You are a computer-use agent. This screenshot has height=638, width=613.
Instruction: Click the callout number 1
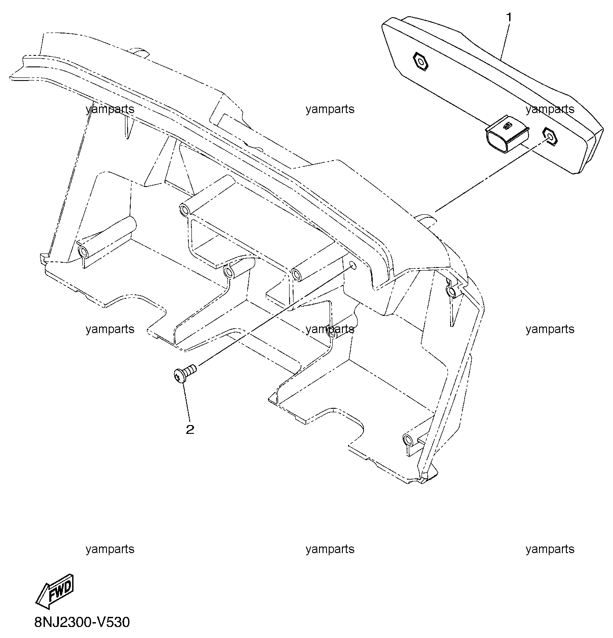(x=509, y=17)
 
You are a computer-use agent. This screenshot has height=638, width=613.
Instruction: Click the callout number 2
(x=190, y=429)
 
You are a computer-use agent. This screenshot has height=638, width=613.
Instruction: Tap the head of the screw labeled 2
(x=178, y=375)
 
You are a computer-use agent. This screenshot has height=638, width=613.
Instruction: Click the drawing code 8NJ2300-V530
(x=82, y=622)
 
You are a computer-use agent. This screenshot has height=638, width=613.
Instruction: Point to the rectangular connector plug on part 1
(x=507, y=137)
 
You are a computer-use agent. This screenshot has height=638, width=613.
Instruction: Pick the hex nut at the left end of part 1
(x=420, y=61)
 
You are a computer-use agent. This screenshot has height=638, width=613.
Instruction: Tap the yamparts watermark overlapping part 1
(x=550, y=109)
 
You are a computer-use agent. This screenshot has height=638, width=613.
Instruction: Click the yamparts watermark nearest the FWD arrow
(x=110, y=549)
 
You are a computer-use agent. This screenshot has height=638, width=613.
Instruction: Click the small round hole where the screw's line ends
(x=352, y=266)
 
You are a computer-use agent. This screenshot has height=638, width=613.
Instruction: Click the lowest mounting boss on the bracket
(x=407, y=439)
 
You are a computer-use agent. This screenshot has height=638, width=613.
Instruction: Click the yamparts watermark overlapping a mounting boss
(x=330, y=329)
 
